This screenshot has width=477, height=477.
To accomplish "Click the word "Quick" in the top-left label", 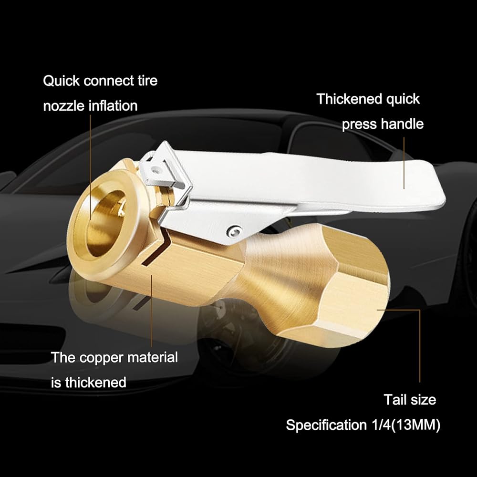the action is point(61,81).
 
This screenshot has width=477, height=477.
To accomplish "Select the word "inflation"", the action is point(114,105).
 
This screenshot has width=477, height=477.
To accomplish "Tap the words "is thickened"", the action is point(89,382).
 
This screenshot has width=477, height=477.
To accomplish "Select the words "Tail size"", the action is point(410,399).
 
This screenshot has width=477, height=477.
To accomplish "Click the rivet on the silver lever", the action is point(232,231).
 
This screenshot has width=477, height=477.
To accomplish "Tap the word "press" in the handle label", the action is point(359,124).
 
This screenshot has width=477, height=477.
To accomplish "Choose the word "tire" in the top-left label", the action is point(147,81).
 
